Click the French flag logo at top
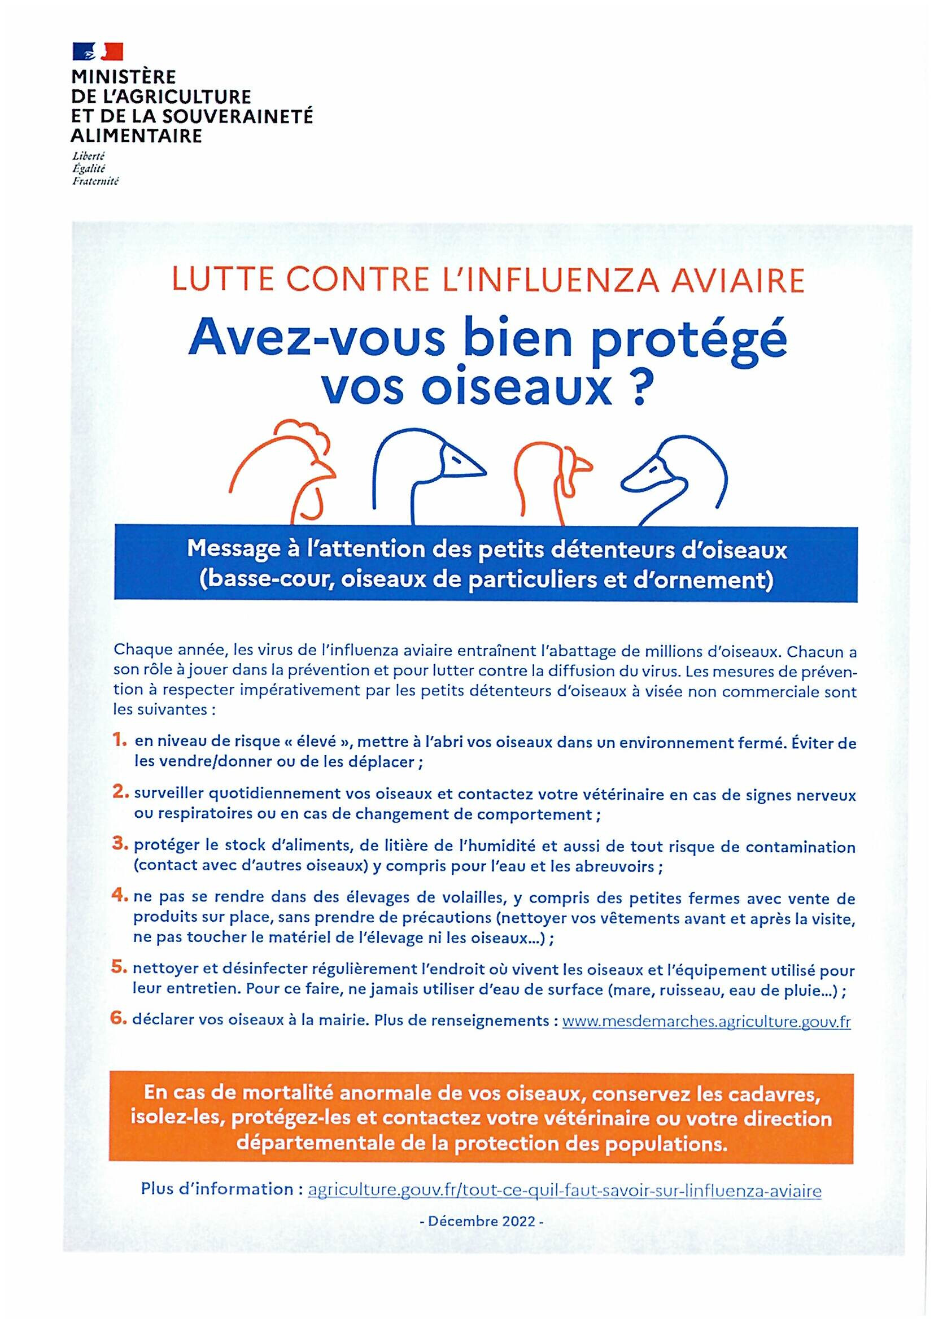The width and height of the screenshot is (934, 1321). click(97, 52)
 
